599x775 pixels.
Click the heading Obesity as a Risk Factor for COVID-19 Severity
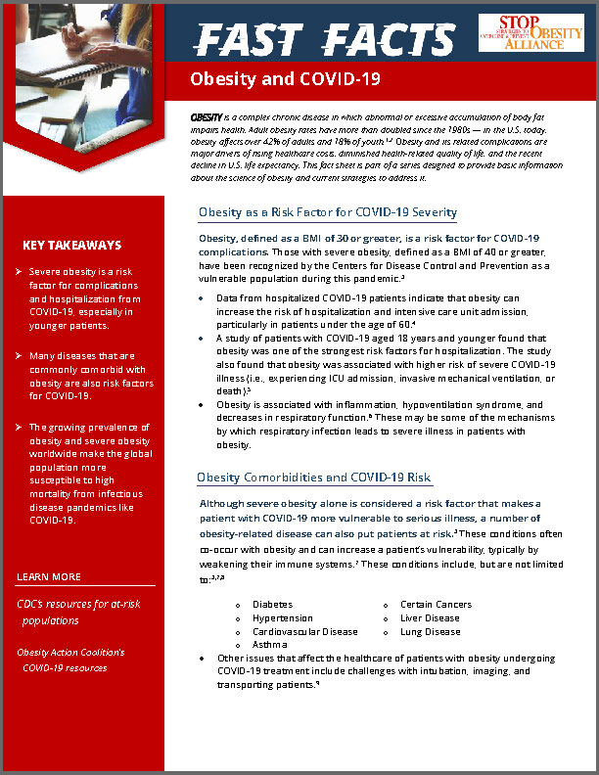[327, 212]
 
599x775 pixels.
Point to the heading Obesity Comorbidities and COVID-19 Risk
[313, 478]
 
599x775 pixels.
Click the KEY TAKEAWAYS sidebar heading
[71, 246]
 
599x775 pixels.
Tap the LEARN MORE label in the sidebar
[49, 576]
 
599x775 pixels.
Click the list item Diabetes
[272, 605]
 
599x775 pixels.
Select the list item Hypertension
[282, 618]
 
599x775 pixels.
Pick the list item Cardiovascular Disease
[304, 632]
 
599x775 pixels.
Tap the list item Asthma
[269, 646]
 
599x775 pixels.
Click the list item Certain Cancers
[436, 605]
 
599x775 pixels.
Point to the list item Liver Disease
[430, 618]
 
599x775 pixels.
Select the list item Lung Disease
[430, 632]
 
